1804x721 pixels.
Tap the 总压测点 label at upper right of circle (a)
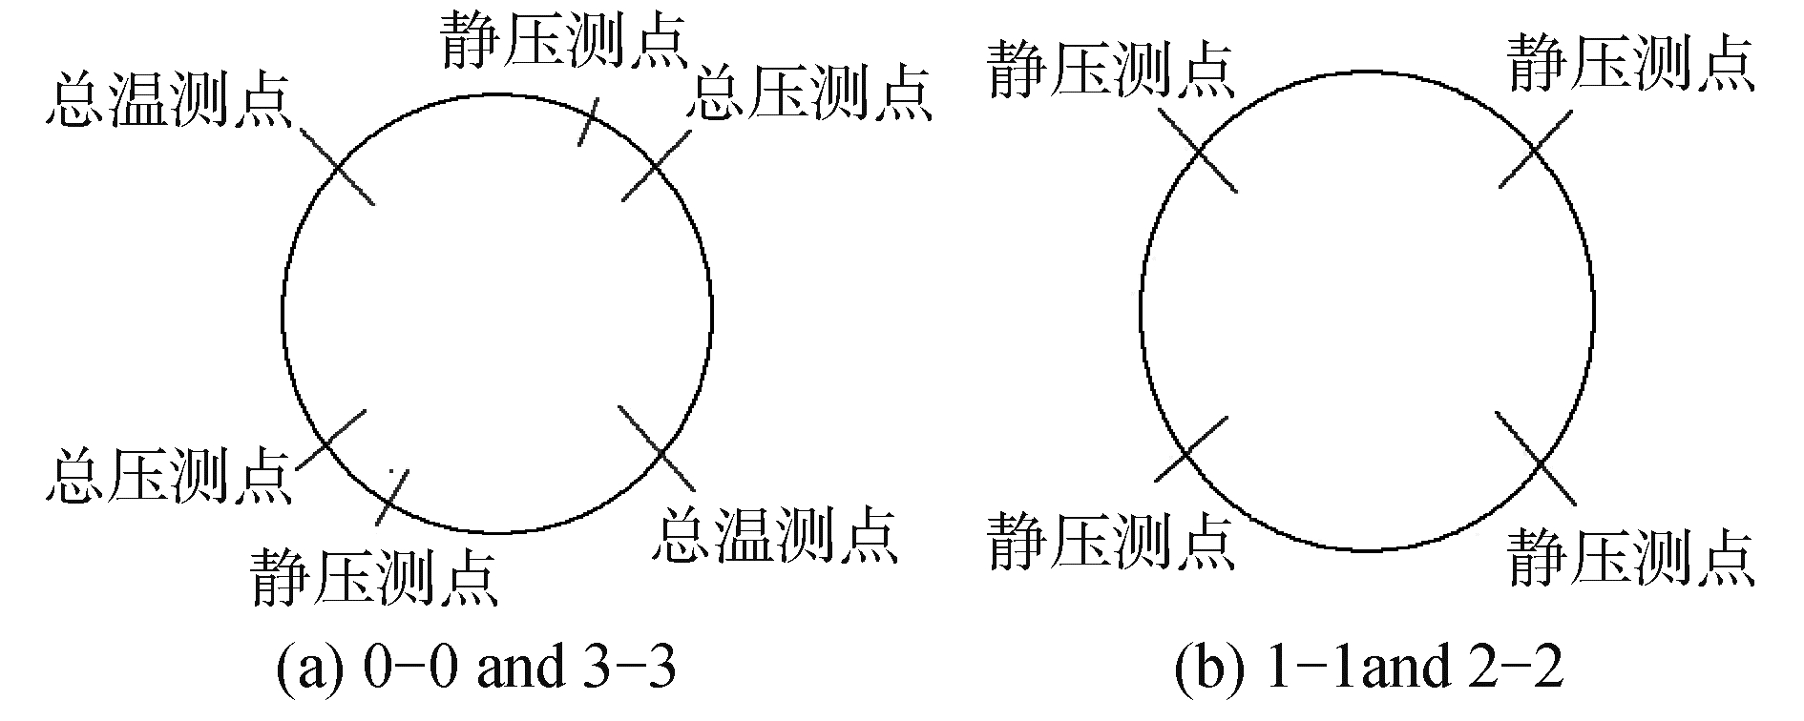pyautogui.click(x=809, y=93)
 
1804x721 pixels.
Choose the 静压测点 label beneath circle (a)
pyautogui.click(x=373, y=576)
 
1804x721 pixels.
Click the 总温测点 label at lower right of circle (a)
pyautogui.click(x=776, y=535)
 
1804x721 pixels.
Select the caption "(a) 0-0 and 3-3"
pyautogui.click(x=475, y=669)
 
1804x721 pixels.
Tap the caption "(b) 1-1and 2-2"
pyautogui.click(x=1370, y=669)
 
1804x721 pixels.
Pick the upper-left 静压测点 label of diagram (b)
pyautogui.click(x=1111, y=70)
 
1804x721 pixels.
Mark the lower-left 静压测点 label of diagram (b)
pyautogui.click(x=1111, y=540)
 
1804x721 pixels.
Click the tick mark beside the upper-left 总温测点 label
pyautogui.click(x=336, y=167)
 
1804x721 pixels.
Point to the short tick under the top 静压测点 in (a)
pyautogui.click(x=589, y=121)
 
